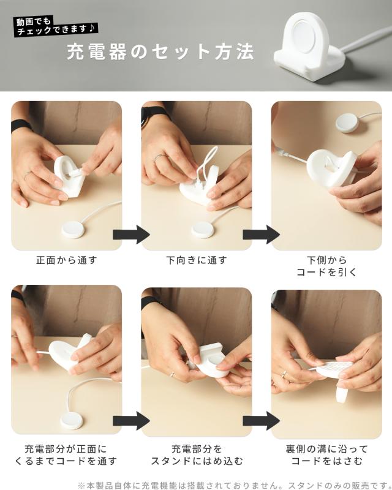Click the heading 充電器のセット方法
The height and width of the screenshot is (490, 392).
[x=160, y=51]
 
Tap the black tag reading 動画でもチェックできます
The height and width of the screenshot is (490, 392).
[x=55, y=26]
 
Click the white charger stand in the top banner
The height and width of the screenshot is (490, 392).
[x=310, y=47]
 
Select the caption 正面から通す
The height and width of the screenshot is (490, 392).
[x=67, y=260]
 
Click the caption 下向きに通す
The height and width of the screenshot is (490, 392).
[x=197, y=260]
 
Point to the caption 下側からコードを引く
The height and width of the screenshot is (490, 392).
[x=326, y=266]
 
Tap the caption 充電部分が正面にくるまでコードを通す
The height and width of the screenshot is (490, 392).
[x=66, y=454]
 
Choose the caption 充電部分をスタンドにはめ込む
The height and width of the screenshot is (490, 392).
[x=197, y=454]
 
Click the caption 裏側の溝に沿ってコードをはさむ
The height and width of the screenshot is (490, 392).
[x=326, y=454]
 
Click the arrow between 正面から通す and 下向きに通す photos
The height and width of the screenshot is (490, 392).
[x=131, y=234]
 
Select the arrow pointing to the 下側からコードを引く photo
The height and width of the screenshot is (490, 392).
[x=262, y=234]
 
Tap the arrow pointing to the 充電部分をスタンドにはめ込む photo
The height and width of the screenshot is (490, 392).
[x=131, y=421]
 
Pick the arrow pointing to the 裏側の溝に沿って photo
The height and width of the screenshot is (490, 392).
[x=262, y=421]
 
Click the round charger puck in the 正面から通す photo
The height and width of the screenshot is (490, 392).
[x=73, y=229]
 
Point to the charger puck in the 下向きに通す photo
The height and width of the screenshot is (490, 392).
[x=203, y=230]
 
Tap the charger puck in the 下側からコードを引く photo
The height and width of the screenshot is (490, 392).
[x=348, y=123]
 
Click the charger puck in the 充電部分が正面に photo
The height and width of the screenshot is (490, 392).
[x=72, y=420]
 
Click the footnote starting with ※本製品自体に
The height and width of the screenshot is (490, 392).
[x=235, y=485]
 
